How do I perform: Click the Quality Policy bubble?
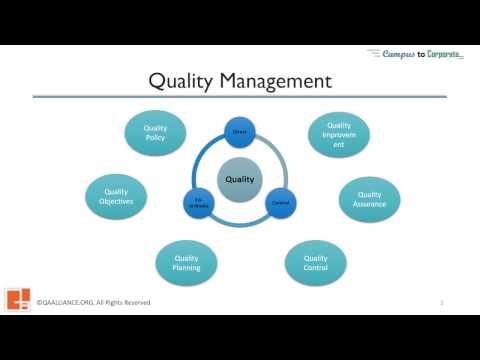tap(155, 132)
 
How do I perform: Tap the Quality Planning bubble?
tap(186, 262)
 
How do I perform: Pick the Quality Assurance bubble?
tap(369, 199)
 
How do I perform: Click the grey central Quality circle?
tap(240, 180)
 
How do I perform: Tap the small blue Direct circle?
tap(240, 130)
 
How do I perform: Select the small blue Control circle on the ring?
tap(280, 204)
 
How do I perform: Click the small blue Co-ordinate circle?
tap(198, 204)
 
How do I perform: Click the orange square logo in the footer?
tap(18, 300)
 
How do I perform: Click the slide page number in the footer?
tap(441, 302)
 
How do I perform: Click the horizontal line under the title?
tap(240, 97)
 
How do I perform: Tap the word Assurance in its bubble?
tap(369, 204)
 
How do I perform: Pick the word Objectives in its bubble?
tap(116, 201)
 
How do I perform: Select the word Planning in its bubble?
tap(186, 268)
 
